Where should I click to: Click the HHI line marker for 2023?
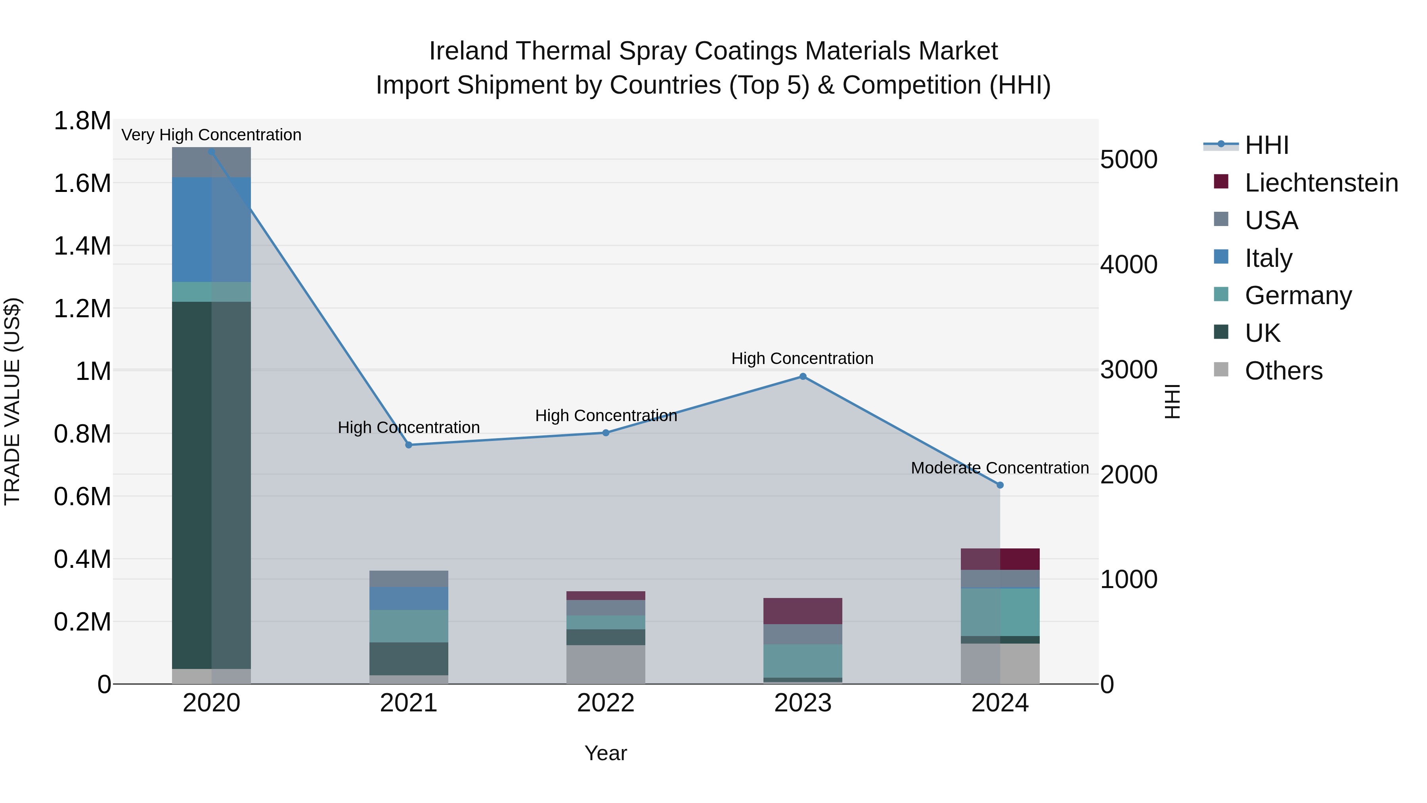click(803, 376)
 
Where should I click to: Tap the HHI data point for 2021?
click(409, 445)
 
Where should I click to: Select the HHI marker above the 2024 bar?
click(1000, 485)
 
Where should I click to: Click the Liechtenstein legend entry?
click(1321, 183)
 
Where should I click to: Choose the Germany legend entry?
click(1297, 295)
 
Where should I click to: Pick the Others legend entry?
click(1283, 371)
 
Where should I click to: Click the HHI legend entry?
click(1266, 145)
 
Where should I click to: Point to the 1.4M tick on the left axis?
click(82, 245)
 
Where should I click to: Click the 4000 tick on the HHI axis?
click(1129, 264)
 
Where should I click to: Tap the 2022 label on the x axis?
click(605, 703)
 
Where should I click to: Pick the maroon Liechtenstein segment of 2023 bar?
click(803, 611)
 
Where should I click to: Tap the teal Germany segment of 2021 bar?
click(409, 626)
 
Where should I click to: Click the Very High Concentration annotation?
click(211, 135)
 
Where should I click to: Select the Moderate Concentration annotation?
click(1000, 468)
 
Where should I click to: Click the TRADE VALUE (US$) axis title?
click(12, 401)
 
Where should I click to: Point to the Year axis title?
click(605, 753)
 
